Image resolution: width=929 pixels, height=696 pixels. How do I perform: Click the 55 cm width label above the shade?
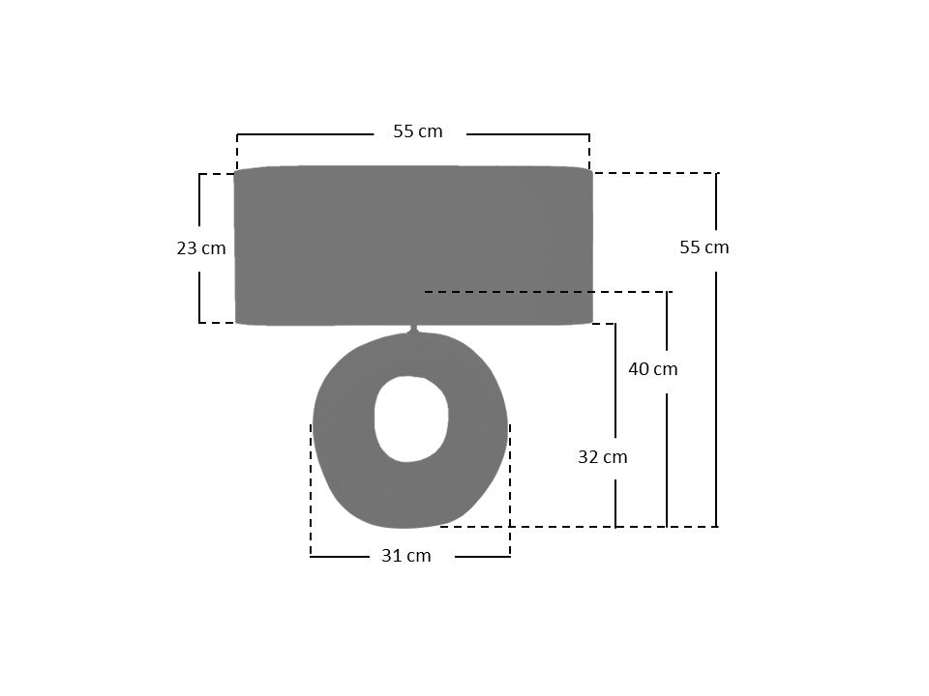pyautogui.click(x=418, y=131)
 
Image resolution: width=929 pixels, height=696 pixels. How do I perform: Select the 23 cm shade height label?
pyautogui.click(x=201, y=248)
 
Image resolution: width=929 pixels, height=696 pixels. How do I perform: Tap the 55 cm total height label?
pyautogui.click(x=704, y=246)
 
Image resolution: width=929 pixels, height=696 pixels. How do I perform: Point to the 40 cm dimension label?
pyautogui.click(x=652, y=368)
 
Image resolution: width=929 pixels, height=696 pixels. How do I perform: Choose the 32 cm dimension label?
pyautogui.click(x=602, y=457)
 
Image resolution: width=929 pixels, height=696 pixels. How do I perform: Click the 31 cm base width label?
pyautogui.click(x=405, y=556)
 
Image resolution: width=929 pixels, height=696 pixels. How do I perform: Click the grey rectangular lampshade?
pyautogui.click(x=413, y=245)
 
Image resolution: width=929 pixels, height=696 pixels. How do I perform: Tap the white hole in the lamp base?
pyautogui.click(x=411, y=419)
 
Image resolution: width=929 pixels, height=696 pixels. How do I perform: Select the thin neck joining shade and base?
pyautogui.click(x=414, y=329)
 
